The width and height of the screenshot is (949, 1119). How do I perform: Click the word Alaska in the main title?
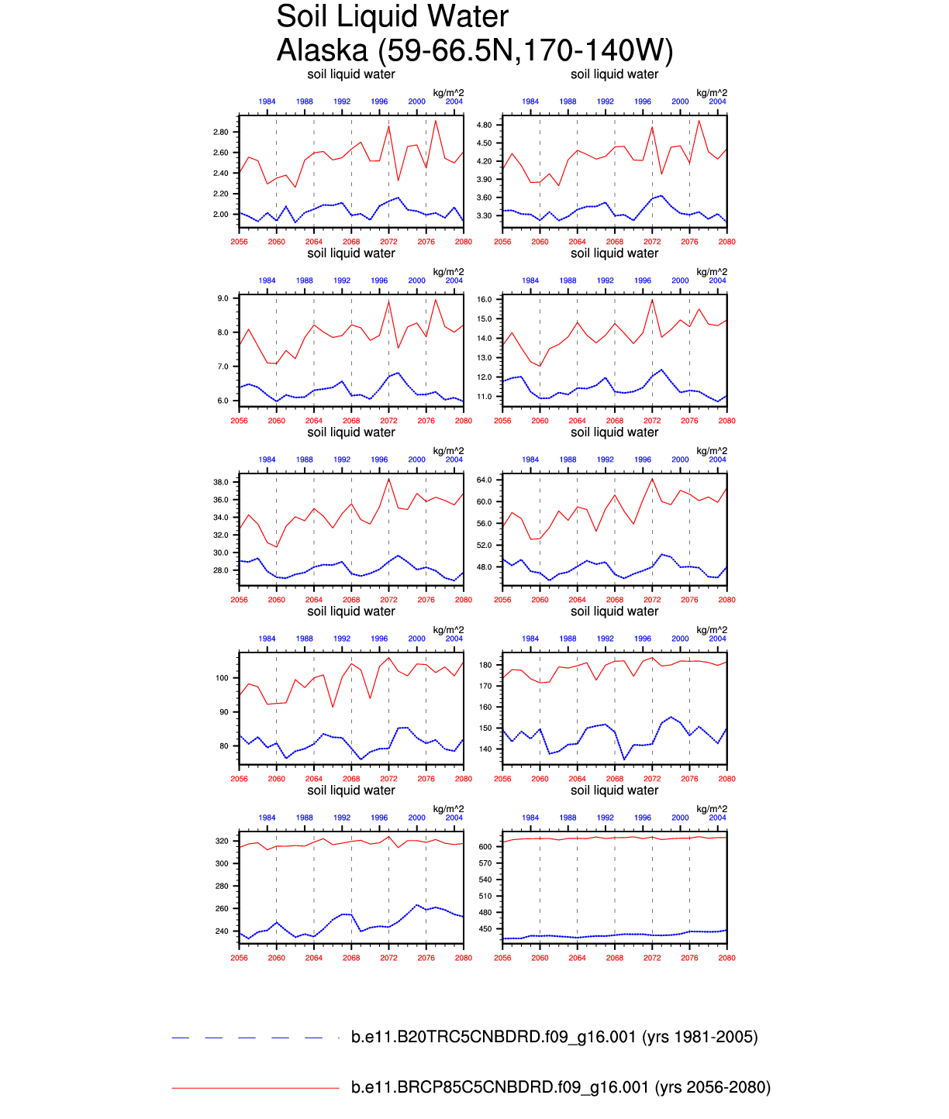322,50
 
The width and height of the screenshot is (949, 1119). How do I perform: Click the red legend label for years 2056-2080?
561,1087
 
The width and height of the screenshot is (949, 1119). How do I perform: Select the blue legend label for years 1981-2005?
554,1037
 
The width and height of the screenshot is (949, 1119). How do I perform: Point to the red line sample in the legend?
255,1088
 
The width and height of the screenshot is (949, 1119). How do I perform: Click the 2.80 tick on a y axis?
221,133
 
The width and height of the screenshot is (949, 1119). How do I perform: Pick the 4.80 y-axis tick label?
484,125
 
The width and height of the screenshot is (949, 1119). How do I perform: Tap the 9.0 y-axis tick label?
223,298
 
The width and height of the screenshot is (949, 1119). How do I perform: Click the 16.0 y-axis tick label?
485,299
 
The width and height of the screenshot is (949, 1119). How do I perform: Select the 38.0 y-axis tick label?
221,482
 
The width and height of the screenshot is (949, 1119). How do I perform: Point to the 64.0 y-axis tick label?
485,480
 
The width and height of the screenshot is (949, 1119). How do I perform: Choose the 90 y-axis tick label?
224,712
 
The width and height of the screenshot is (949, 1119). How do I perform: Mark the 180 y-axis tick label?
485,665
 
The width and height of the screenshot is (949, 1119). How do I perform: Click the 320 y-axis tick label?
222,841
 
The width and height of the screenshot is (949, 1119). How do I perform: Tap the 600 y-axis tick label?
485,847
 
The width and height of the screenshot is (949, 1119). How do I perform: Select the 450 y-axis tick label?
485,929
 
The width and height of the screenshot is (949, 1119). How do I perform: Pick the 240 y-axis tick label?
222,931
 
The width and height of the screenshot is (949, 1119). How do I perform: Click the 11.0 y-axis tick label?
485,397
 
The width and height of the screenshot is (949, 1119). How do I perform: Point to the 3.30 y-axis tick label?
484,215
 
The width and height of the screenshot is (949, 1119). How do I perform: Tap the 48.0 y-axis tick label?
485,567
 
